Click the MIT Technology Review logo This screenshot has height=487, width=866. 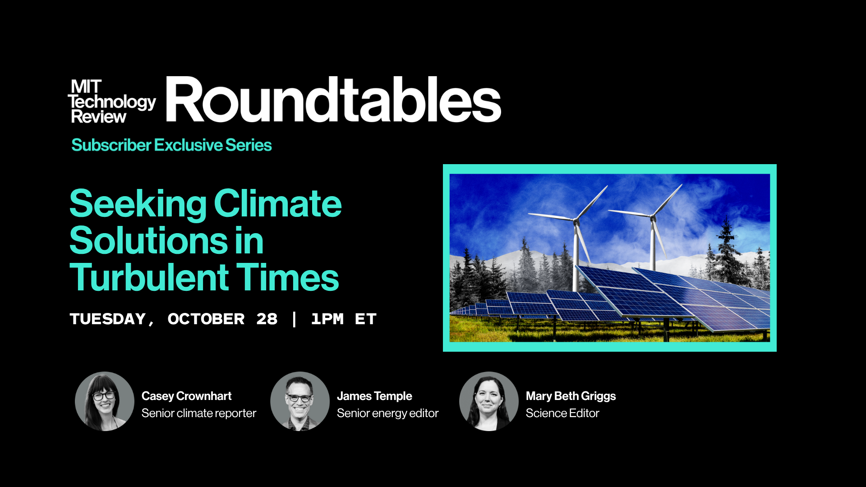pyautogui.click(x=112, y=101)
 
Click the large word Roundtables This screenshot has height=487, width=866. pyautogui.click(x=334, y=99)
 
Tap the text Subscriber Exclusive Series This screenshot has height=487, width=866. pyautogui.click(x=171, y=145)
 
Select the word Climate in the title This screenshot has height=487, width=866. pyautogui.click(x=278, y=204)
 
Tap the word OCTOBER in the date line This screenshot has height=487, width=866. pyautogui.click(x=206, y=319)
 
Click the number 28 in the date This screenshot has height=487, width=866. pyautogui.click(x=267, y=319)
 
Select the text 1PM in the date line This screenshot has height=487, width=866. pyautogui.click(x=327, y=319)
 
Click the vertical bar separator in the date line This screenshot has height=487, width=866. pyautogui.click(x=295, y=319)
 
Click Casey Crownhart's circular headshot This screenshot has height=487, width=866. pyautogui.click(x=105, y=401)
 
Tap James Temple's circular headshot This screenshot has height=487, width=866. pyautogui.click(x=300, y=401)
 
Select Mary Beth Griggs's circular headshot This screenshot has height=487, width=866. pyautogui.click(x=489, y=401)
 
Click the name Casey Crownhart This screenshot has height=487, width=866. pyautogui.click(x=186, y=396)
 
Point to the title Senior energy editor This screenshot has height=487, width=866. pyautogui.click(x=387, y=413)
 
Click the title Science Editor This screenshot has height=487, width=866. pyautogui.click(x=562, y=413)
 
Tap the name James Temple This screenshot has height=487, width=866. pyautogui.click(x=374, y=396)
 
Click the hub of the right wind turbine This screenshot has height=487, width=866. pyautogui.click(x=652, y=217)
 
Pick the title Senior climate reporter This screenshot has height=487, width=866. pyautogui.click(x=199, y=413)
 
